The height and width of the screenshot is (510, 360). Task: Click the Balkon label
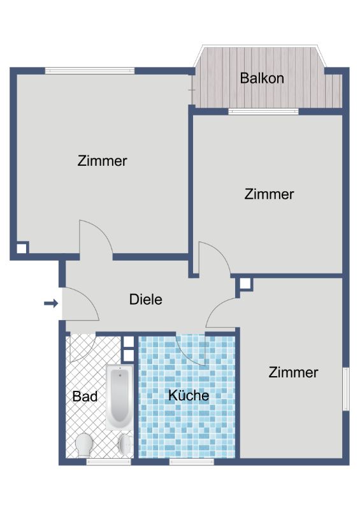pyautogui.click(x=262, y=78)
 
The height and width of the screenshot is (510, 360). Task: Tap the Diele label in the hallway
pyautogui.click(x=146, y=299)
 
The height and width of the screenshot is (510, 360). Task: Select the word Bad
pyautogui.click(x=85, y=396)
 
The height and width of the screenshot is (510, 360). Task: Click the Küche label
pyautogui.click(x=189, y=395)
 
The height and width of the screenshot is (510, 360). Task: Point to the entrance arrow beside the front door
pyautogui.click(x=51, y=304)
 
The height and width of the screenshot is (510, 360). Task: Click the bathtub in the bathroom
pyautogui.click(x=119, y=397)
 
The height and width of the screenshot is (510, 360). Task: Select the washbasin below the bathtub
pyautogui.click(x=126, y=444)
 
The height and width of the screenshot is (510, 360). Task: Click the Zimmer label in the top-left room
pyautogui.click(x=102, y=161)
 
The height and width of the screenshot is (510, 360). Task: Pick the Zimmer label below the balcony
pyautogui.click(x=269, y=194)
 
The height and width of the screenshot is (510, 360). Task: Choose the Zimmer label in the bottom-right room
pyautogui.click(x=293, y=372)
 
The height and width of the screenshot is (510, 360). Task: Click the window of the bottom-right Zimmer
pyautogui.click(x=347, y=389)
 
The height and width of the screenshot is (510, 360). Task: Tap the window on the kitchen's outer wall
pyautogui.click(x=192, y=462)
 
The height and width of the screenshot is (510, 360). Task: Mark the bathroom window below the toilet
pyautogui.click(x=108, y=462)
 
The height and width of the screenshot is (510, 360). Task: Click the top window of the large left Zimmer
pyautogui.click(x=90, y=71)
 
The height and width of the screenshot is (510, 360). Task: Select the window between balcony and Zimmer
pyautogui.click(x=263, y=112)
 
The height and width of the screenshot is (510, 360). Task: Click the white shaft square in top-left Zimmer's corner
pyautogui.click(x=22, y=249)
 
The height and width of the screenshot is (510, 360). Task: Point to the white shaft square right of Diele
pyautogui.click(x=245, y=284)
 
